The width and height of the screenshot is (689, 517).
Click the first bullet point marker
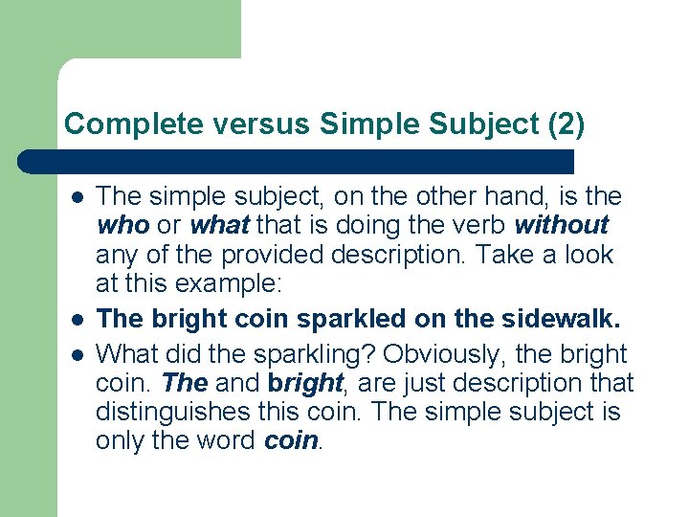75,197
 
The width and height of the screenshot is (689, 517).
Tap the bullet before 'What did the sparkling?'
75,353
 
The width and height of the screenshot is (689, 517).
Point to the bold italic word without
562,226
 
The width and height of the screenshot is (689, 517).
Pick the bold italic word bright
305,384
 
